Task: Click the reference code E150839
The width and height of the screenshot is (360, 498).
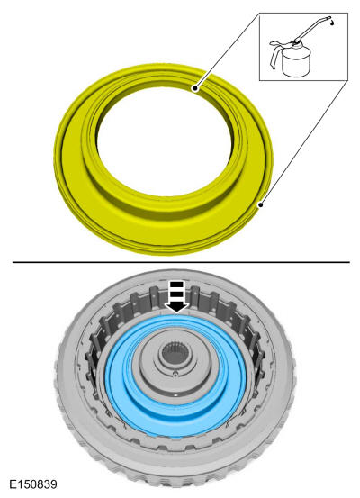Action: pos(33,484)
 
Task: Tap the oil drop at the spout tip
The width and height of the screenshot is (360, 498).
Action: pos(332,23)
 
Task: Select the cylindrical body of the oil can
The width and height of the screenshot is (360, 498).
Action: pos(295,62)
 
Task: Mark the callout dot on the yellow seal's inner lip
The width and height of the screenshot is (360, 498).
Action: pos(195,88)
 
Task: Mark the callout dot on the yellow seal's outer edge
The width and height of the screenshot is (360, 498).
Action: pos(260,205)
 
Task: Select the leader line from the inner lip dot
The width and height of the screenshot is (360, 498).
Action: pos(228,50)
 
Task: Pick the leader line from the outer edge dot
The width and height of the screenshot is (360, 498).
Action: pos(304,142)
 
